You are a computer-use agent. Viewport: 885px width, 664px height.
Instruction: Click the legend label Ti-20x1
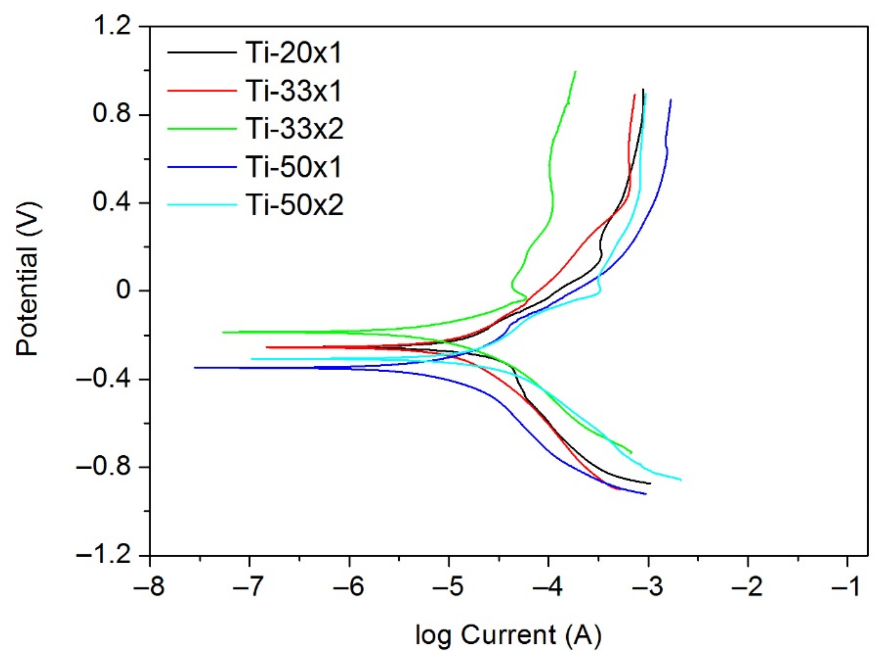[x=294, y=53]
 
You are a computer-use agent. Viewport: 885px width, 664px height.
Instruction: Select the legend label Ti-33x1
[x=294, y=91]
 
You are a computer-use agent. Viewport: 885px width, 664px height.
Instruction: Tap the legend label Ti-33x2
[x=295, y=129]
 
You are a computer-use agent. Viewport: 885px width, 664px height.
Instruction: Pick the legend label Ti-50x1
[x=294, y=167]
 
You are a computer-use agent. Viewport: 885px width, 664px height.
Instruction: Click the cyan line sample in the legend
[x=202, y=205]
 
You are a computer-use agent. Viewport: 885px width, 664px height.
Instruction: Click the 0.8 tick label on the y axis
[x=112, y=114]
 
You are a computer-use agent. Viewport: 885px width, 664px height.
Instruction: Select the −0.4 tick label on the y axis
[x=103, y=379]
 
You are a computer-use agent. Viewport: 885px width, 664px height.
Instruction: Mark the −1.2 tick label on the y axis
[x=103, y=556]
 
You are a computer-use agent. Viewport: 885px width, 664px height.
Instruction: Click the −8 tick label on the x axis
[x=149, y=588]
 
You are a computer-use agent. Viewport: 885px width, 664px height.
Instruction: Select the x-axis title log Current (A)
[x=508, y=636]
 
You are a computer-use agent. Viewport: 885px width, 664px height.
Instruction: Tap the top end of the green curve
[x=575, y=72]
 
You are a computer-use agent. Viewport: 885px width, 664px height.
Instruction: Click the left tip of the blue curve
[x=195, y=367]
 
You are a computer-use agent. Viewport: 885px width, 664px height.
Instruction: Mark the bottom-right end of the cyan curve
[x=681, y=479]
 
